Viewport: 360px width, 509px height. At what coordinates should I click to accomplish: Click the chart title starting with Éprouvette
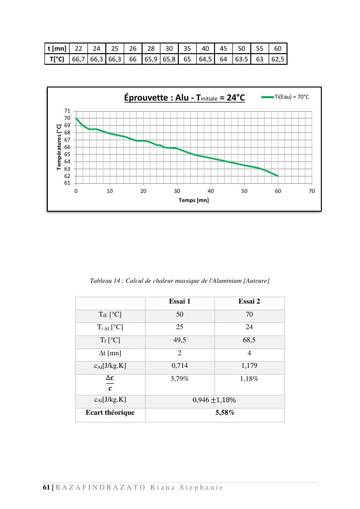coord(184,98)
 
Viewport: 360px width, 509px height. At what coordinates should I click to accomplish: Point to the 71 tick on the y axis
coord(67,111)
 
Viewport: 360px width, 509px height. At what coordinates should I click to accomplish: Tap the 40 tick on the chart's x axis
coord(211,191)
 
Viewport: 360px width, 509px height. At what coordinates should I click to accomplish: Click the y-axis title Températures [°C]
coord(59,147)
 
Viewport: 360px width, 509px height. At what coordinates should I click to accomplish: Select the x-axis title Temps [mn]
coord(194,200)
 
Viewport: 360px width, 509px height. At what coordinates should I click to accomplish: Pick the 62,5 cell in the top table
coord(278,59)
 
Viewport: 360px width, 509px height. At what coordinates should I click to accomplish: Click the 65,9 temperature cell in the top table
coord(151,59)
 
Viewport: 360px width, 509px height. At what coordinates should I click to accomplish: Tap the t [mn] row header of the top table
coord(57,48)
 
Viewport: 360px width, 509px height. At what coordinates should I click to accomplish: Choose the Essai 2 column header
coord(249,302)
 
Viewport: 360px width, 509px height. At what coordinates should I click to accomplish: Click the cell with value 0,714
coord(180,366)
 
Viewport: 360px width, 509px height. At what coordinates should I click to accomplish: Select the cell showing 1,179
coord(249,366)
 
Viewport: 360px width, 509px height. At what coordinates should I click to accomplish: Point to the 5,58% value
coord(225,413)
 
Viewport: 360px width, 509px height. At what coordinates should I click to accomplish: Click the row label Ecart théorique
coord(110,413)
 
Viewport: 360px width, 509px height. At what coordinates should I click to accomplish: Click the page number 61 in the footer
coord(46,487)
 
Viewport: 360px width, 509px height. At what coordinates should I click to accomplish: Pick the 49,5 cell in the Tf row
coord(180,340)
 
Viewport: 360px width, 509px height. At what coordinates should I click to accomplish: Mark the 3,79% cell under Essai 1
coord(180,379)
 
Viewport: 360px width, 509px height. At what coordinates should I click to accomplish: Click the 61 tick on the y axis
coord(67,184)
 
